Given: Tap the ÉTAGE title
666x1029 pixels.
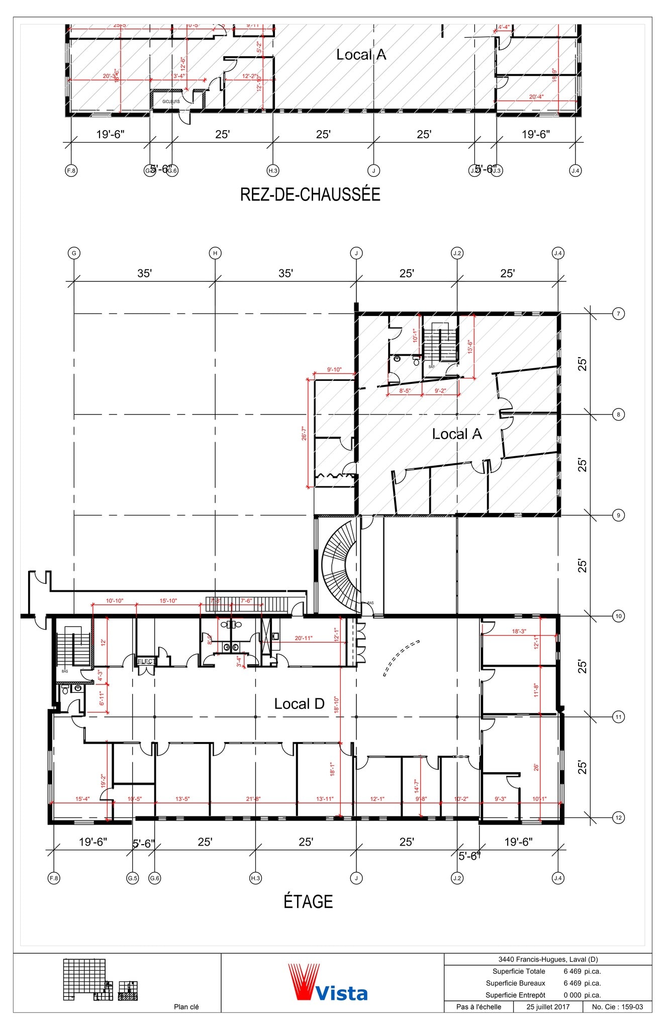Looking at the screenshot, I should pyautogui.click(x=308, y=901).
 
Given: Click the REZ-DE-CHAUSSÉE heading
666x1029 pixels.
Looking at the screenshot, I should pyautogui.click(x=310, y=194).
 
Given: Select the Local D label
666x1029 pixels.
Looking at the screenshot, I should pyautogui.click(x=299, y=704).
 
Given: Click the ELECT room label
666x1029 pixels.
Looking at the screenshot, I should pyautogui.click(x=146, y=661).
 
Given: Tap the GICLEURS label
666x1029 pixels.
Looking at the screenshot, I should pyautogui.click(x=171, y=101).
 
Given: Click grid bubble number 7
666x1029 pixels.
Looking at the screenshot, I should pyautogui.click(x=618, y=314).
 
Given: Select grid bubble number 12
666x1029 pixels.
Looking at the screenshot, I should pyautogui.click(x=618, y=817).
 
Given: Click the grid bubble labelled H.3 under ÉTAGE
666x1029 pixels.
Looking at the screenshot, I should pyautogui.click(x=255, y=878).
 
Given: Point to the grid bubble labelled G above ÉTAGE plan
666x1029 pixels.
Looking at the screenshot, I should pyautogui.click(x=74, y=253).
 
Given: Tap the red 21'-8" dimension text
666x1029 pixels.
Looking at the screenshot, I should pyautogui.click(x=253, y=799).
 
